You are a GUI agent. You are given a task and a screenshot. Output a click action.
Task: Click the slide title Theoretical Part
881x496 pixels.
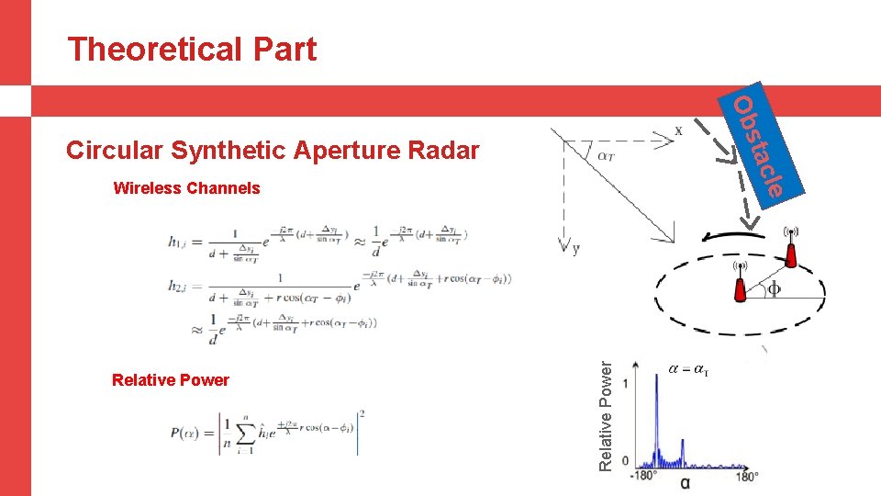[192, 49]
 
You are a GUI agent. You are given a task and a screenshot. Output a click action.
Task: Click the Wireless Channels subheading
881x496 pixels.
[186, 188]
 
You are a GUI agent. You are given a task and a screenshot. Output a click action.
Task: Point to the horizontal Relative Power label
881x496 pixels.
[170, 380]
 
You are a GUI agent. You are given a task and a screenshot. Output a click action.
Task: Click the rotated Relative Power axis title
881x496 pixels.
[605, 415]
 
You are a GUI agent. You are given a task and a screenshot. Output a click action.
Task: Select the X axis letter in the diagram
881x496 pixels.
[678, 131]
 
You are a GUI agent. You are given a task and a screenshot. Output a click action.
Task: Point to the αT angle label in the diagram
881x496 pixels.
[607, 156]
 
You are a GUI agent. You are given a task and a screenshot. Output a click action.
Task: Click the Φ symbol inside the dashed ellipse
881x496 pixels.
[775, 289]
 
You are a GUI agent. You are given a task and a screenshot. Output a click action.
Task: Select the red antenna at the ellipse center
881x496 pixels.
[740, 284]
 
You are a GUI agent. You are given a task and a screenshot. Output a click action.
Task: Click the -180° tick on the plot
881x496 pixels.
[643, 476]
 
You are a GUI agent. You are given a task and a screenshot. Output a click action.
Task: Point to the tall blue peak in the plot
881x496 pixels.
[657, 413]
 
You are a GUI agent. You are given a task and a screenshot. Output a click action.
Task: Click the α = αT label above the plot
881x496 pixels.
[689, 369]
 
